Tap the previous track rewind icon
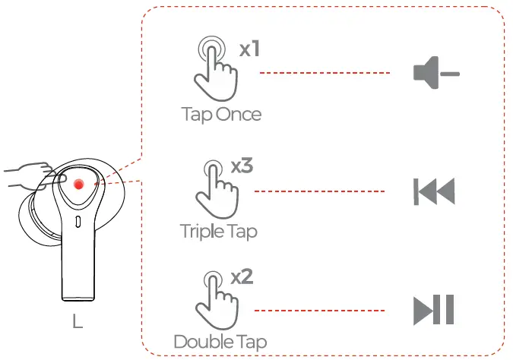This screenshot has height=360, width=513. (x=434, y=192)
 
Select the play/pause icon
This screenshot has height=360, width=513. (x=433, y=310)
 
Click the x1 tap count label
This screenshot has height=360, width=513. (x=249, y=49)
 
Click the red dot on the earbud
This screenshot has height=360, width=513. (x=78, y=184)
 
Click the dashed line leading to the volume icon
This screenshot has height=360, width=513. (x=325, y=73)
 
